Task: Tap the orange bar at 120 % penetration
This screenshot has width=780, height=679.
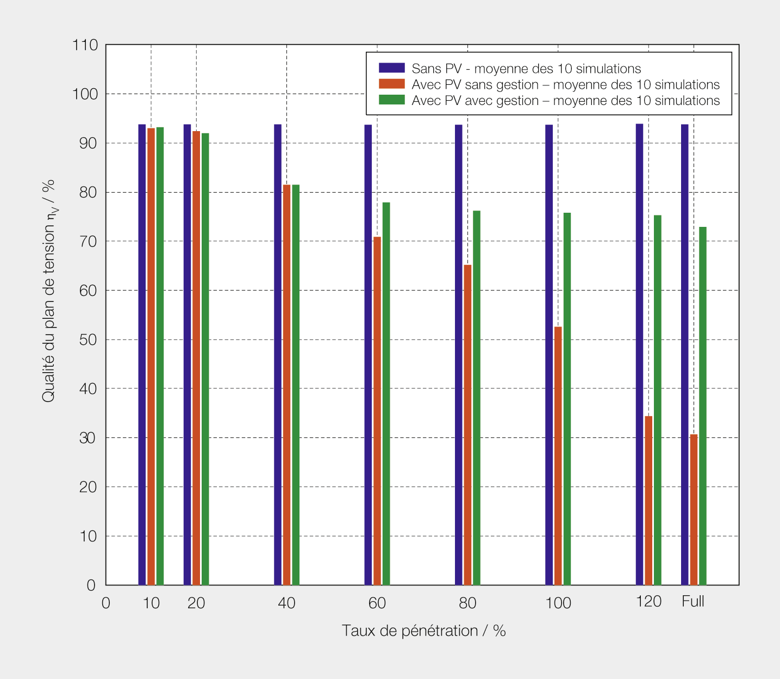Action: [x=648, y=501]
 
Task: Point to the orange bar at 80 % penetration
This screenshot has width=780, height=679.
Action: [x=467, y=425]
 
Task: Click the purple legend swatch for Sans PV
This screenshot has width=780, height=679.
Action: [x=391, y=68]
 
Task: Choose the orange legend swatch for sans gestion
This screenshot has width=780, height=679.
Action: [x=391, y=84]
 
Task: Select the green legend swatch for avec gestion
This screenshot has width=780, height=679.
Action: [x=391, y=100]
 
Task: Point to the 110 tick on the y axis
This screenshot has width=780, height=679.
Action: [x=85, y=45]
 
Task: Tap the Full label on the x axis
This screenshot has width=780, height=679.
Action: [x=693, y=602]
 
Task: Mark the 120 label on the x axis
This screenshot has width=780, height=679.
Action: [x=648, y=602]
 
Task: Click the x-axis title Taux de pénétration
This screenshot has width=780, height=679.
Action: [x=423, y=631]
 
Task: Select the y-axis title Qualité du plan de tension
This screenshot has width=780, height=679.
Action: [x=49, y=291]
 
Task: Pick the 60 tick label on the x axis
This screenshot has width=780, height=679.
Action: [x=377, y=603]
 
